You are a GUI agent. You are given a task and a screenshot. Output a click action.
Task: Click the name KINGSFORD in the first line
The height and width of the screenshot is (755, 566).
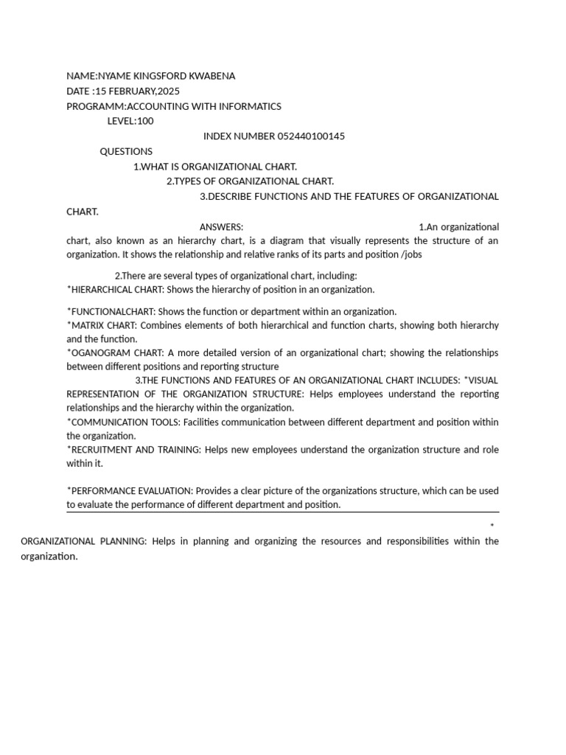pyautogui.click(x=160, y=76)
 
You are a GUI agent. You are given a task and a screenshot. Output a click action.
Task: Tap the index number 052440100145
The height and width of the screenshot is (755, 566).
pyautogui.click(x=311, y=136)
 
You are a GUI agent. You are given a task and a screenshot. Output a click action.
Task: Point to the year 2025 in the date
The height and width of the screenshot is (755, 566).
pyautogui.click(x=168, y=91)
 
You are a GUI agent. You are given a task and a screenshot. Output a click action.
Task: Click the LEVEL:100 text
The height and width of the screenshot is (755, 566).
pyautogui.click(x=130, y=121)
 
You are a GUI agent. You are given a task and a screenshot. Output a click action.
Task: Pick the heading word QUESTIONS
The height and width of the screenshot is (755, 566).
pyautogui.click(x=126, y=151)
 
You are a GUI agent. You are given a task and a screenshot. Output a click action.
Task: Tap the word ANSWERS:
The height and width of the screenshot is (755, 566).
pyautogui.click(x=221, y=227)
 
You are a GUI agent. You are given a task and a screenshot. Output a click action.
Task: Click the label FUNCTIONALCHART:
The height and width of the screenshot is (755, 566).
pyautogui.click(x=111, y=311)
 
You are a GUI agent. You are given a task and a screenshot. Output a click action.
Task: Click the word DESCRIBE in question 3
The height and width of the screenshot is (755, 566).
pyautogui.click(x=231, y=196)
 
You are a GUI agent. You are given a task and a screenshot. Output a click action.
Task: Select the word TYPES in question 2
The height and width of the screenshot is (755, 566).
pyautogui.click(x=188, y=181)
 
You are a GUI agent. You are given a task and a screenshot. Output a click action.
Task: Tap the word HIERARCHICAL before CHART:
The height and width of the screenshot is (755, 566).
pyautogui.click(x=99, y=289)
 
